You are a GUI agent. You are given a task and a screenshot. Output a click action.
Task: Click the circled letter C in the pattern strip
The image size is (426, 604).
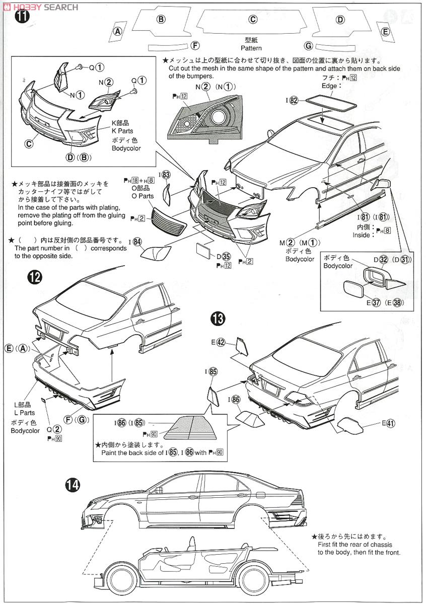pyautogui.click(x=253, y=20)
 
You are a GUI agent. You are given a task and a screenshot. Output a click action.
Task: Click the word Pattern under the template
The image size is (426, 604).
pyautogui.click(x=251, y=48)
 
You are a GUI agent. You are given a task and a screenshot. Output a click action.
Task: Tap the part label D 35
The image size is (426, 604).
pyautogui.click(x=223, y=257)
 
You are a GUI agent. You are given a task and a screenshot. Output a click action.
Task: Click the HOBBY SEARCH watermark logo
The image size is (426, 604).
pyautogui.click(x=41, y=7)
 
